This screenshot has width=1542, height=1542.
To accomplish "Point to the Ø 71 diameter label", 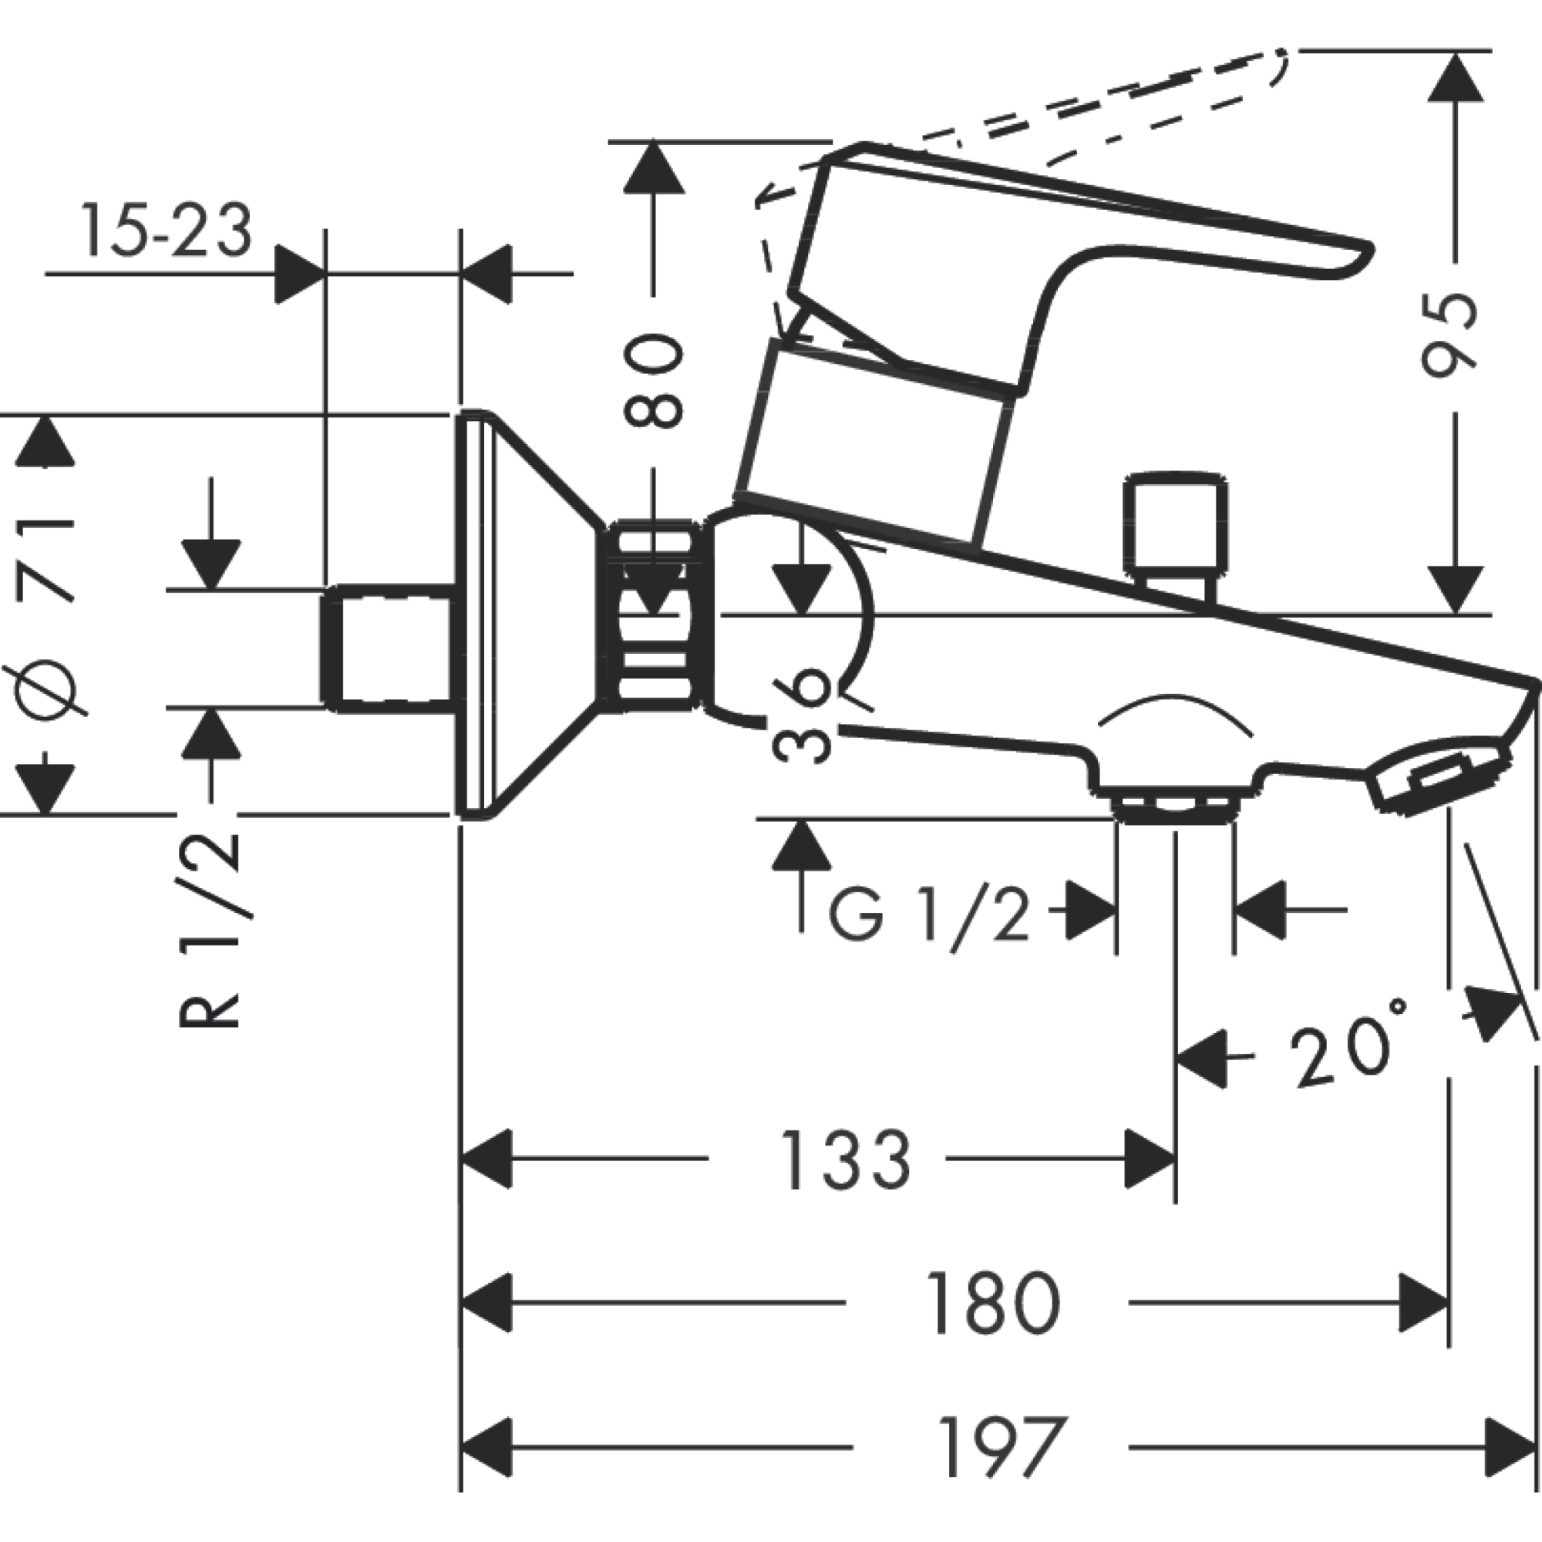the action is (x=45, y=615).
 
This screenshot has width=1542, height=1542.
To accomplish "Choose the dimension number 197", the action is (x=1002, y=1447).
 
